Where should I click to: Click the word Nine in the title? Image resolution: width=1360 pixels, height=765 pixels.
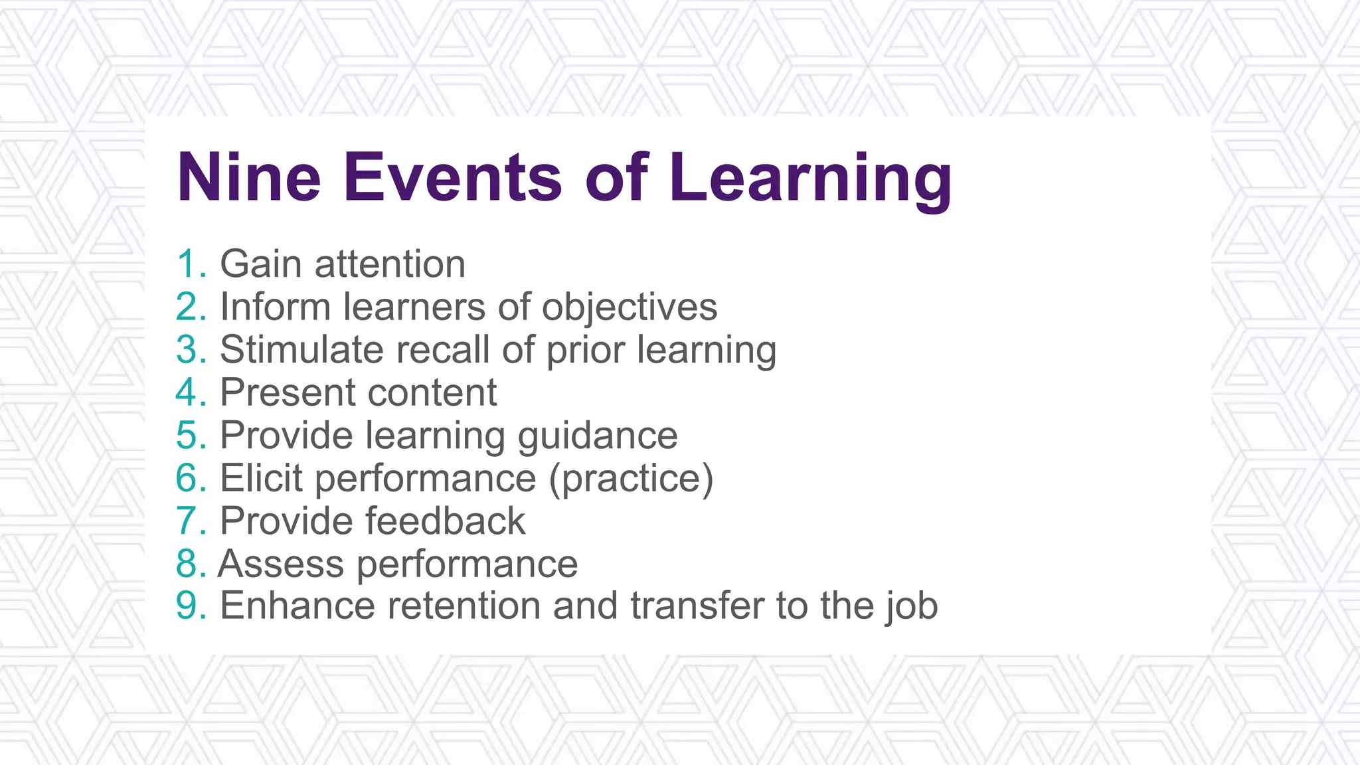coord(249,177)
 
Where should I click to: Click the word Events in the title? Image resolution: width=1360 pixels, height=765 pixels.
coord(452,177)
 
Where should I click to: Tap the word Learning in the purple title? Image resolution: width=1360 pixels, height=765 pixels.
coord(811,177)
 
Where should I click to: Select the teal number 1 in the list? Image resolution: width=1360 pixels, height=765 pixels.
coord(187,264)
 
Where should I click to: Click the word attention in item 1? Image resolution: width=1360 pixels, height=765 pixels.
coord(390,264)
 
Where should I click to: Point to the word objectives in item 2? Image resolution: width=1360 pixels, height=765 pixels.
coord(629,307)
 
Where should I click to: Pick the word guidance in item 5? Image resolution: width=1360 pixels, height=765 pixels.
coord(597,436)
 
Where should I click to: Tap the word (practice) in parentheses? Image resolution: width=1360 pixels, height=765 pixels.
coord(631,478)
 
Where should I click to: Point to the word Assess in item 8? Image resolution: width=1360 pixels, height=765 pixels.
coord(281,564)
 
